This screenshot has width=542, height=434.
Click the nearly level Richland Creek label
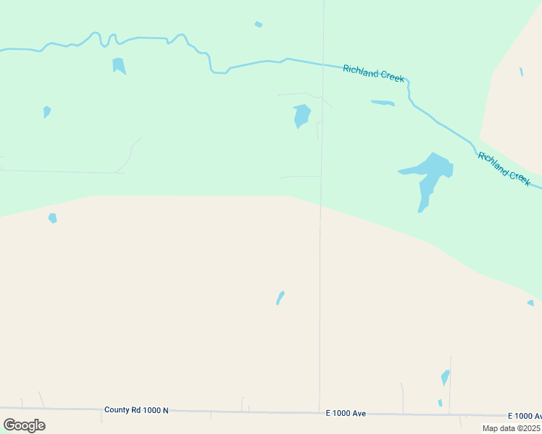[373, 73]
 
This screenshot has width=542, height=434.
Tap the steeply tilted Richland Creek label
[504, 166]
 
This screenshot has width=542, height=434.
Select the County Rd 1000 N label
[136, 410]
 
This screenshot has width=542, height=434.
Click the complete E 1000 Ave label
[346, 413]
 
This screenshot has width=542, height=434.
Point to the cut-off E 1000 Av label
[525, 416]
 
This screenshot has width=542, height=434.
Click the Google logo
[24, 425]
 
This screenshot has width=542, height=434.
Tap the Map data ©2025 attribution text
[510, 428]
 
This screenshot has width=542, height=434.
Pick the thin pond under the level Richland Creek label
[383, 103]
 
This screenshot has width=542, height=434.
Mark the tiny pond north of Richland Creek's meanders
[258, 25]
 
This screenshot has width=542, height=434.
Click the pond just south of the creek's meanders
[119, 66]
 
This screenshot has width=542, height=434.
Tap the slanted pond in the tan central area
[280, 297]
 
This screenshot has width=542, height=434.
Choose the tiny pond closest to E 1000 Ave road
[440, 403]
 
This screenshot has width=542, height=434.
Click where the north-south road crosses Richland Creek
[323, 64]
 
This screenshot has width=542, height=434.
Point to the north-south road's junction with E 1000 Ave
[320, 412]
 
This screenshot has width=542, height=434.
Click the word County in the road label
[117, 410]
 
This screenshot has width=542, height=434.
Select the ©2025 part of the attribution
[526, 428]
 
